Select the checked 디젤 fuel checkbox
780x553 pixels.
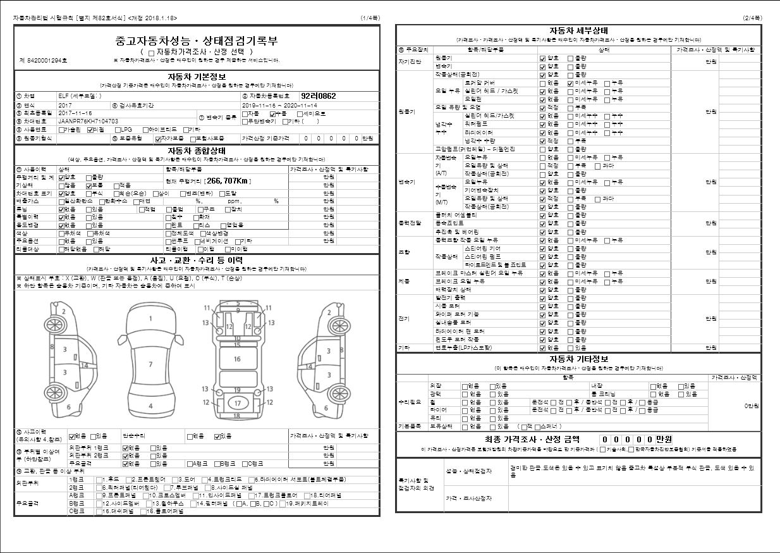[90, 129]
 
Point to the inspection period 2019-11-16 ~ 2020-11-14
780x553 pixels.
[280, 105]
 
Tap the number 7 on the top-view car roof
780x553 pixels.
[150, 364]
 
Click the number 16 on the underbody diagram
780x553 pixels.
[238, 359]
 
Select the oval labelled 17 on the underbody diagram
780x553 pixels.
[238, 403]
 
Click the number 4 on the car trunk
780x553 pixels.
[150, 406]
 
